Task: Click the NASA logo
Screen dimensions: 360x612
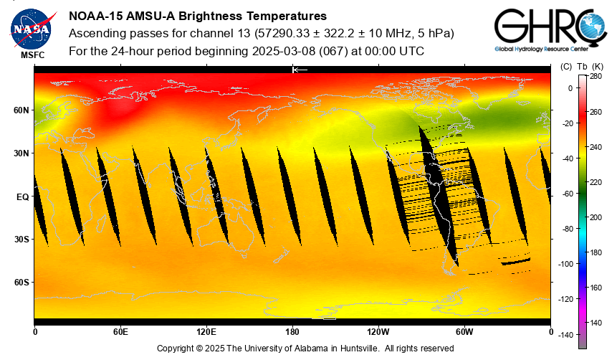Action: coord(31,28)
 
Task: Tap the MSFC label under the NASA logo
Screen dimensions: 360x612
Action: coord(31,55)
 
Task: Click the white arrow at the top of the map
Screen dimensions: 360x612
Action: coord(300,70)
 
